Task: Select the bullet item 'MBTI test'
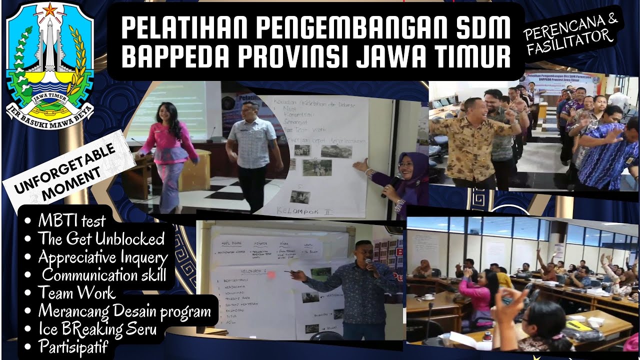pos(72,220)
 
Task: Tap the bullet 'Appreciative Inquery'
pos(103,257)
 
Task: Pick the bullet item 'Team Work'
pos(76,292)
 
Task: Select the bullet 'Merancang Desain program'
pos(124,311)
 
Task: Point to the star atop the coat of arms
pos(49,9)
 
